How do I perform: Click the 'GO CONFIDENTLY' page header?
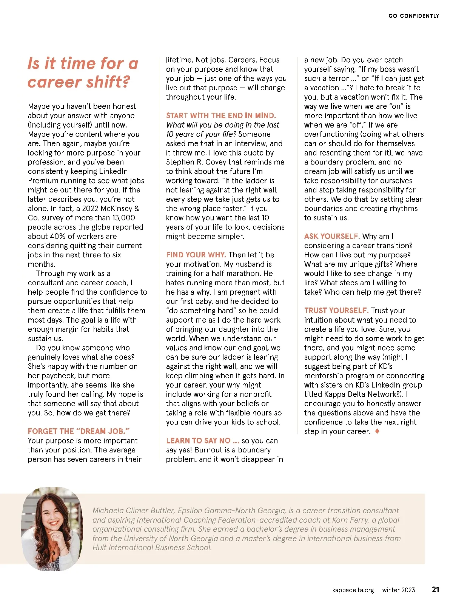click(x=414, y=16)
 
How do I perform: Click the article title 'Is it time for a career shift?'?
click(x=83, y=72)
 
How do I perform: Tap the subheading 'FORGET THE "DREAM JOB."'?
click(x=79, y=431)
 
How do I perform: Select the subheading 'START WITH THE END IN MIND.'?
click(x=221, y=115)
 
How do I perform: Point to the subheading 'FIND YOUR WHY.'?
click(x=196, y=255)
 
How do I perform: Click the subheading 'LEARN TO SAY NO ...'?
click(x=203, y=441)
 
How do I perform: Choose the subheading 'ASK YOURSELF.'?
click(x=332, y=236)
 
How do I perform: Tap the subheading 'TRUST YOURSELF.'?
click(x=336, y=311)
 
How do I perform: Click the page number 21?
click(x=435, y=589)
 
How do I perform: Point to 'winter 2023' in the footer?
click(x=398, y=590)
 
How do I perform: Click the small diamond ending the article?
click(x=377, y=431)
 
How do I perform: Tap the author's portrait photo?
click(x=52, y=528)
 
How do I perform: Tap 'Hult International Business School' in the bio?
click(x=152, y=548)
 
